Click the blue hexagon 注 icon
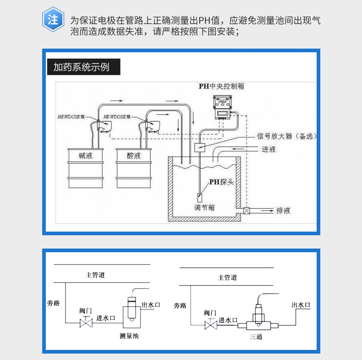pyautogui.click(x=53, y=20)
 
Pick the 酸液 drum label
pyautogui.click(x=134, y=156)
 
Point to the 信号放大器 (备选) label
pyautogui.click(x=287, y=136)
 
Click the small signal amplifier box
pyautogui.click(x=200, y=148)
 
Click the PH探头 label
pyautogui.click(x=222, y=182)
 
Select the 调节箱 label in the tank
pyautogui.click(x=204, y=207)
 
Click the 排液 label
pyautogui.click(x=283, y=211)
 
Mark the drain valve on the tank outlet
pyautogui.click(x=247, y=211)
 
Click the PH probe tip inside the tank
pyautogui.click(x=200, y=198)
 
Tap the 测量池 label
pyautogui.click(x=128, y=336)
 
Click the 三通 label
pyautogui.click(x=256, y=338)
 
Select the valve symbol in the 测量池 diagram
pyautogui.click(x=85, y=323)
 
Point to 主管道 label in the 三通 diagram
pyautogui.click(x=227, y=277)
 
